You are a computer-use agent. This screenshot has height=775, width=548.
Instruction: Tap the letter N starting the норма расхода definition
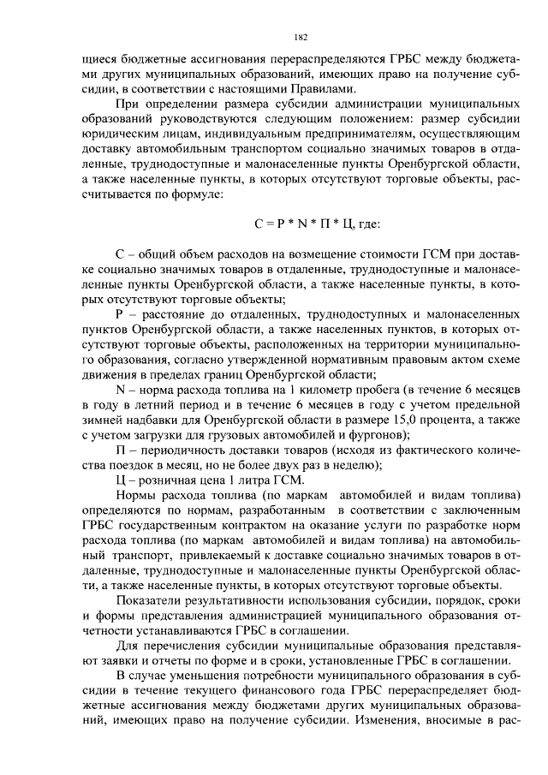click(120, 389)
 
